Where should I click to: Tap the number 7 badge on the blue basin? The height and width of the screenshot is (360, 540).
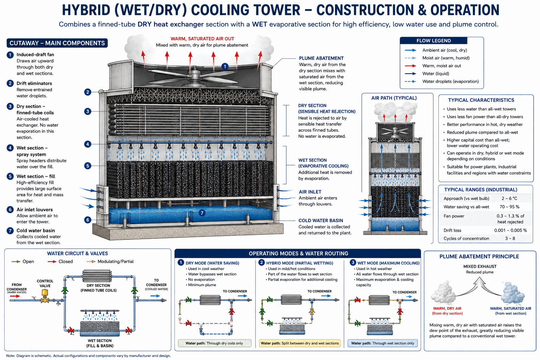click(x=202, y=213)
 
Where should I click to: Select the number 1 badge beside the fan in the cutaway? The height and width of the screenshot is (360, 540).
click(x=225, y=66)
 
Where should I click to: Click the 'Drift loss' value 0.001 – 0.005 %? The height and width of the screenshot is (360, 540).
click(x=510, y=230)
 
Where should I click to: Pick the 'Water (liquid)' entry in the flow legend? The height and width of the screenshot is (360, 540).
click(x=436, y=73)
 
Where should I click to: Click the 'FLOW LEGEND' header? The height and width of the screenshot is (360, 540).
click(x=433, y=41)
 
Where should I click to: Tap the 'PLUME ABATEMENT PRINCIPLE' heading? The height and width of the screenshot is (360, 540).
click(x=479, y=257)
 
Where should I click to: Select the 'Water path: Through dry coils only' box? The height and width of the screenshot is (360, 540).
click(x=214, y=343)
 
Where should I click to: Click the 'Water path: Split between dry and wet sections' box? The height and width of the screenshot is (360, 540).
click(x=300, y=343)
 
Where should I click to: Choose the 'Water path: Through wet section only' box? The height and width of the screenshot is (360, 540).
click(x=382, y=343)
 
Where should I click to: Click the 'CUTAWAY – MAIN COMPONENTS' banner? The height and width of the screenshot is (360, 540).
click(x=57, y=43)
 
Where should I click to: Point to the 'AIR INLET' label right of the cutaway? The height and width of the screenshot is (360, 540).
click(x=310, y=192)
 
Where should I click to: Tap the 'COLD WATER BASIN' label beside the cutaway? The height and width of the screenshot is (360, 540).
click(x=321, y=221)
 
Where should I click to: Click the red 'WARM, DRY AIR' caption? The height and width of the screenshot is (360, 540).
click(x=447, y=308)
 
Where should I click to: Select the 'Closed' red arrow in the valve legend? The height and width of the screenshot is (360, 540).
click(x=52, y=262)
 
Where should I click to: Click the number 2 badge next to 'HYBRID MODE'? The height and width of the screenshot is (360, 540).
click(x=261, y=262)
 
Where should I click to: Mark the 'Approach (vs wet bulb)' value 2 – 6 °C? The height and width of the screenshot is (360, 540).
click(x=509, y=198)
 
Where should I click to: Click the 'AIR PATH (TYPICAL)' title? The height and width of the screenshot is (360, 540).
click(x=394, y=98)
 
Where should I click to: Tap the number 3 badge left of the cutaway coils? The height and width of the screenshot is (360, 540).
click(x=88, y=111)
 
